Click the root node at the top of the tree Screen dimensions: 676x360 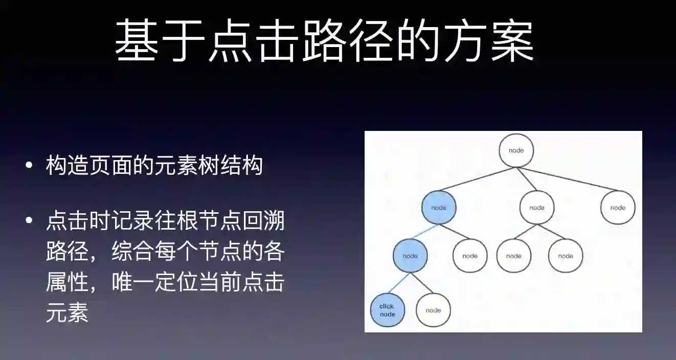coord(516,150)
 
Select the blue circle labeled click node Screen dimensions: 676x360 coord(387,310)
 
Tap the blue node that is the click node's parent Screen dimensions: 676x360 coord(410,256)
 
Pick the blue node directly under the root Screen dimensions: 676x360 coord(438,208)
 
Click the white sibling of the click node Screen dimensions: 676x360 coord(433,310)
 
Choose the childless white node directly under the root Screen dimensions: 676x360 coord(618,208)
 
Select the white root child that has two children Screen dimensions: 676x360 coord(537,208)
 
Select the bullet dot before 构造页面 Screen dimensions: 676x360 coord(29,166)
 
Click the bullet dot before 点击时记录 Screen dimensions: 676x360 coord(29,222)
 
